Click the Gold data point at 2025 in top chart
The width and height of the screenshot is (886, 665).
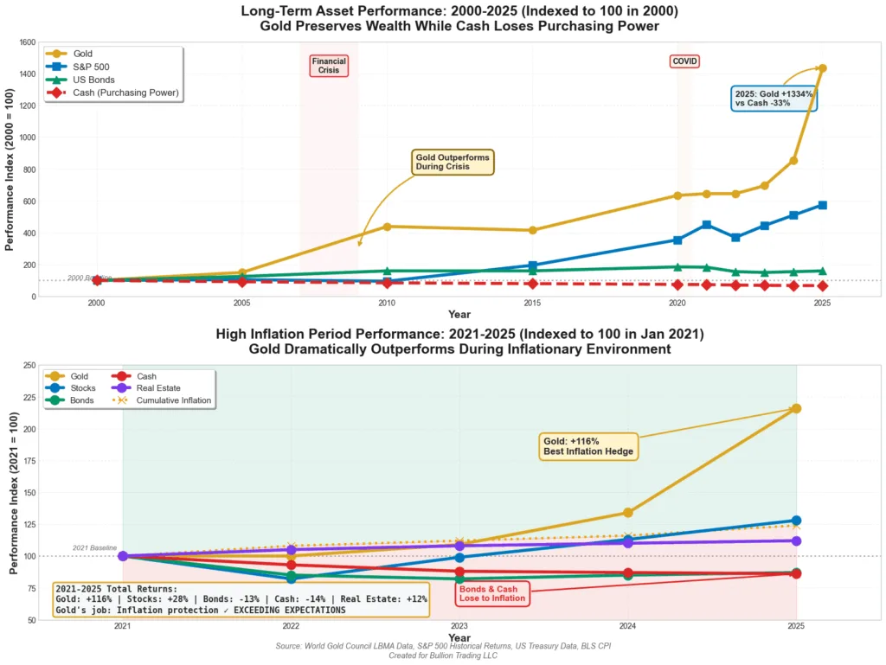click(x=822, y=68)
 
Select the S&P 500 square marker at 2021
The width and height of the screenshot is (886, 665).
click(x=707, y=225)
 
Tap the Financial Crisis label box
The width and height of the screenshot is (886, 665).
click(x=329, y=66)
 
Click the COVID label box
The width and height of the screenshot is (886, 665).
click(x=684, y=61)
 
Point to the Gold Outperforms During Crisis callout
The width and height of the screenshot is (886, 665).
click(x=453, y=162)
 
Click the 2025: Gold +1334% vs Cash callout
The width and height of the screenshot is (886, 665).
click(x=774, y=98)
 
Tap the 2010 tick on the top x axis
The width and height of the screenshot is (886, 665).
click(x=387, y=304)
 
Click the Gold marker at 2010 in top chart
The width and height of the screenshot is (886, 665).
click(x=387, y=227)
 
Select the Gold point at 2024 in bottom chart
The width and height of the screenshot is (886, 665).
click(x=628, y=513)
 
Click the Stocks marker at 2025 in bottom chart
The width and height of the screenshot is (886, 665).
click(x=796, y=521)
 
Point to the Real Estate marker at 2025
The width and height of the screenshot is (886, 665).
click(x=796, y=541)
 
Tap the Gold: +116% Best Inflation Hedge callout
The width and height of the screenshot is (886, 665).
click(x=588, y=446)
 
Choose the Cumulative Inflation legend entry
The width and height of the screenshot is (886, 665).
click(x=162, y=400)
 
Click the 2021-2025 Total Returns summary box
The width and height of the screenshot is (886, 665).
click(x=241, y=599)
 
